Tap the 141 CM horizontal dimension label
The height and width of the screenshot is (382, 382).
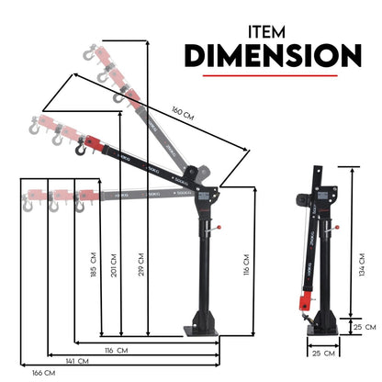point(84,361)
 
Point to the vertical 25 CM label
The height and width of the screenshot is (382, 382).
point(368,325)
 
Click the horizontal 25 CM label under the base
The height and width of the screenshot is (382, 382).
point(318,353)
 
